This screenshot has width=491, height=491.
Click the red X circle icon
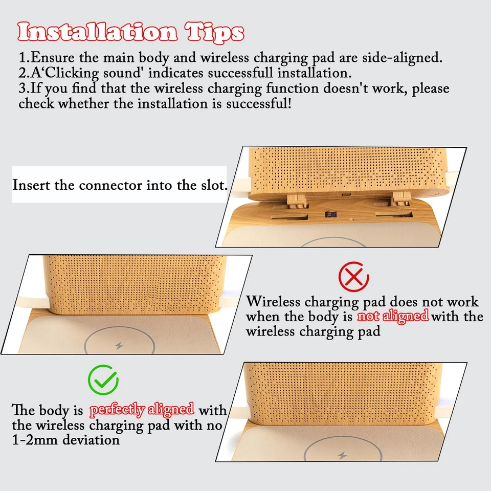(353, 277)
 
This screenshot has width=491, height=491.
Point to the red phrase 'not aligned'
(392, 316)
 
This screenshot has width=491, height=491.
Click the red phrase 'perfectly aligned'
(142, 410)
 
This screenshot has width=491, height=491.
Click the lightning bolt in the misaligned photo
(119, 346)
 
